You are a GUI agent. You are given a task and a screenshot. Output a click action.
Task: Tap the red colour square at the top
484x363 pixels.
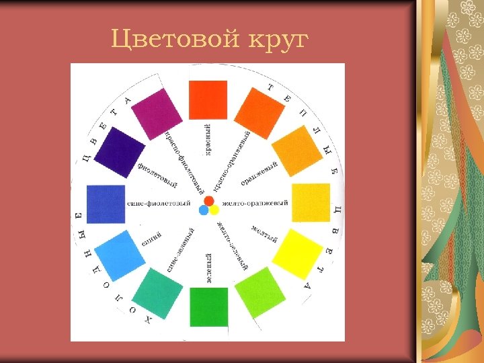(x=208, y=99)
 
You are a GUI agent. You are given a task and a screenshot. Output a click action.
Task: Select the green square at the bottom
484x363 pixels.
(x=208, y=307)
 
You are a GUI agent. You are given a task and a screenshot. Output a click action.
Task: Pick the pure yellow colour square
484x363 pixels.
(x=296, y=254)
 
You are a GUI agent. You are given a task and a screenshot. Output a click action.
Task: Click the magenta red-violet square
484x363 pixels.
(x=157, y=114)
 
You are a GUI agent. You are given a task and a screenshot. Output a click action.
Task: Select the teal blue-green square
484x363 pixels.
(x=157, y=292)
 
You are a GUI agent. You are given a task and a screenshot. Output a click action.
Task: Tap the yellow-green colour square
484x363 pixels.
(x=261, y=292)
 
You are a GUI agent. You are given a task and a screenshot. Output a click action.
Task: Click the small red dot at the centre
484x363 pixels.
(x=209, y=201)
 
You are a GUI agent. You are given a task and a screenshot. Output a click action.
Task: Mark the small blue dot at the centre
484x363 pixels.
(x=204, y=210)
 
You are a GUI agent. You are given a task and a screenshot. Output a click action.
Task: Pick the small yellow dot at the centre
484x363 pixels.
(x=214, y=210)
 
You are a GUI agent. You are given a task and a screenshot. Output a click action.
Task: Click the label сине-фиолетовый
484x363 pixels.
(x=159, y=203)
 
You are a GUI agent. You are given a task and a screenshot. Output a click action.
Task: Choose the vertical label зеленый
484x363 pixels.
(x=209, y=268)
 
